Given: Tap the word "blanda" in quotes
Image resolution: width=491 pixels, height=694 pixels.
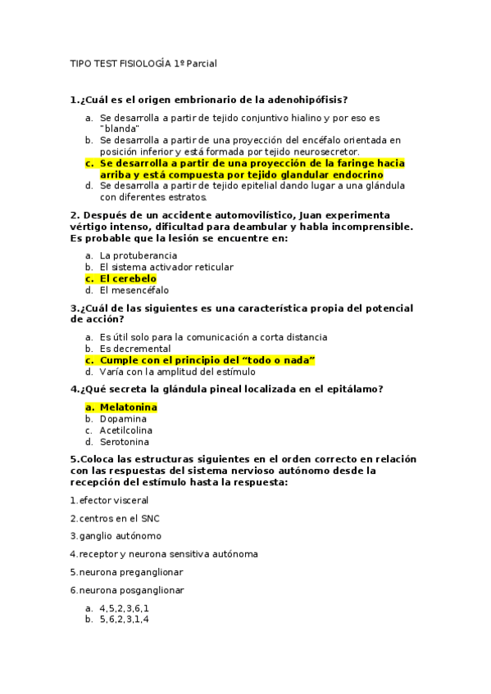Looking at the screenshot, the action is click(120, 128).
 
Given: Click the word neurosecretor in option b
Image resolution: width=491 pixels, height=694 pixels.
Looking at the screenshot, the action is click(325, 151).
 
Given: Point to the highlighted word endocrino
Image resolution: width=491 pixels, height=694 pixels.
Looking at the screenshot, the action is click(352, 174).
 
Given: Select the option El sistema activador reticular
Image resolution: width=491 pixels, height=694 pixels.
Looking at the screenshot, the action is click(166, 267).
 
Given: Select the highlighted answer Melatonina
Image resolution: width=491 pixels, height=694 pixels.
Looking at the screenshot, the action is click(128, 407).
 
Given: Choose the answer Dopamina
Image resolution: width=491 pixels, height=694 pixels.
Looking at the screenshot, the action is click(123, 419).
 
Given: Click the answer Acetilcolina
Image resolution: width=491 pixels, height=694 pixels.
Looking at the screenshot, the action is click(125, 430).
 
